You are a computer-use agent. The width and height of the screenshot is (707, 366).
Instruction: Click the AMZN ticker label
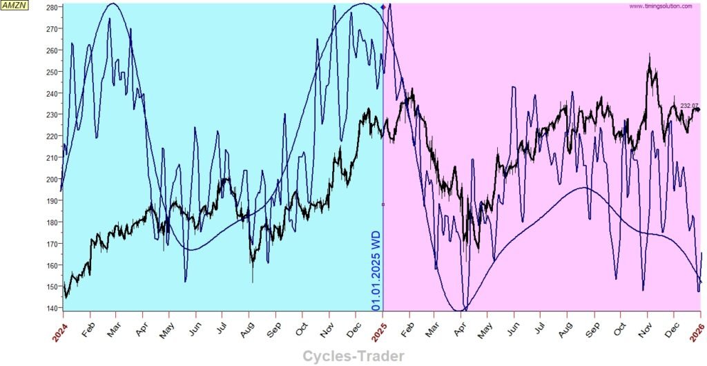13,5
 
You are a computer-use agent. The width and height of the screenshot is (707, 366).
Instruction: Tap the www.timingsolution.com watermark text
661,6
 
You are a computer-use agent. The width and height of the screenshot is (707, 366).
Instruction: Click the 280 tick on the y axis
51,8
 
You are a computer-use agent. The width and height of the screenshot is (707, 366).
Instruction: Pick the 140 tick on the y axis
51,308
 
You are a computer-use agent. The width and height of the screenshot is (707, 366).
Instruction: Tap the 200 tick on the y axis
51,180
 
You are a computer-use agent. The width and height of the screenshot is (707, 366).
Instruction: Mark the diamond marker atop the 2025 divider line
383,6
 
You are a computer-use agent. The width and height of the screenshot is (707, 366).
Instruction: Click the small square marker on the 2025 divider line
383,204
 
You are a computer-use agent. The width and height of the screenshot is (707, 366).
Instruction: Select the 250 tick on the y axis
51,72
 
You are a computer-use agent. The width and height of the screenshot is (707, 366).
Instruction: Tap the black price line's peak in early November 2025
649,55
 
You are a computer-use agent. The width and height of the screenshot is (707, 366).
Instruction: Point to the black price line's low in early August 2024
252,279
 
